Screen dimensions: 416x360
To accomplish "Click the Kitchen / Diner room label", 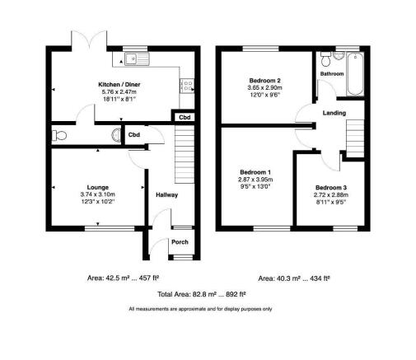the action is [x=119, y=85].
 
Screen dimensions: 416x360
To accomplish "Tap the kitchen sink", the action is [x=138, y=58].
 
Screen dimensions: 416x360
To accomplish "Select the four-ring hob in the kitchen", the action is [x=187, y=86].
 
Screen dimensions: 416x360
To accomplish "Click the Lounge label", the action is [x=98, y=187].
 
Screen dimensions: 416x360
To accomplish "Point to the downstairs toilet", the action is [x=59, y=135].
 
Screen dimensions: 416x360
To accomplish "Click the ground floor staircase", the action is [x=185, y=154].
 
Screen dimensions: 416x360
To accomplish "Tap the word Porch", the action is [x=180, y=242].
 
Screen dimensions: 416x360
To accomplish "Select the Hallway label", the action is [x=166, y=195].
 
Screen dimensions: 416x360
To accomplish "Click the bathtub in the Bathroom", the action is [x=355, y=74].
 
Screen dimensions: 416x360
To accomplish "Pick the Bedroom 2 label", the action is [x=264, y=81].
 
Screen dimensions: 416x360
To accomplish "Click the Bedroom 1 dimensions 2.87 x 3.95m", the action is [x=255, y=180].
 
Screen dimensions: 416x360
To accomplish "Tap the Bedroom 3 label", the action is [x=331, y=188].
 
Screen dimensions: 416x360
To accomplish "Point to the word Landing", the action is [x=334, y=113].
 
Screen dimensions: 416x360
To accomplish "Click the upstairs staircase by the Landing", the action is [x=355, y=138].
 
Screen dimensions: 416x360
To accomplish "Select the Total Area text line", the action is [x=202, y=294].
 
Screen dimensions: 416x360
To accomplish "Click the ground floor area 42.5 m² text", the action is [x=123, y=278].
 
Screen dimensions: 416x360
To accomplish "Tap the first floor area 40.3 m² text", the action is [x=294, y=278].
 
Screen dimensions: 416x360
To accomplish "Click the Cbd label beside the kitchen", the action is [x=185, y=118].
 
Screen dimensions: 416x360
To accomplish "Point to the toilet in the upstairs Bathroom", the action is [x=326, y=59].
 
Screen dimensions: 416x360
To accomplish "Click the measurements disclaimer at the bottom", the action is [x=200, y=309].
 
